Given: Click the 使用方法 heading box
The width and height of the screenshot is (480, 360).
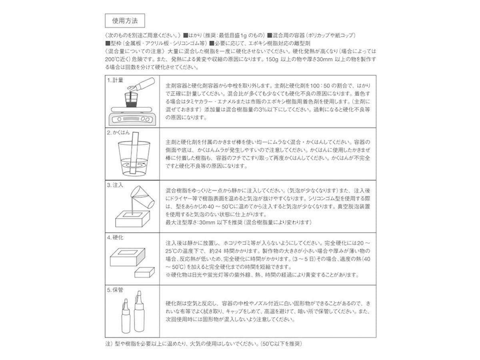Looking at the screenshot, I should click(x=122, y=20).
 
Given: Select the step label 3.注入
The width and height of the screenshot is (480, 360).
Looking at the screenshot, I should click(x=115, y=185).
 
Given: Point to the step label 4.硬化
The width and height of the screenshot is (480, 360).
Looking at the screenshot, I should click(x=115, y=238).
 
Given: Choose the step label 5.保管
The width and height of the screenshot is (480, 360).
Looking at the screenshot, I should click(x=115, y=290).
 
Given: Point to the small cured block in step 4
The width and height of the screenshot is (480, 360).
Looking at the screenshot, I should click(x=144, y=273).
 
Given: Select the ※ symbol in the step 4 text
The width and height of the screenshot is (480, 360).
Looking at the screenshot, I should click(x=168, y=275).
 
